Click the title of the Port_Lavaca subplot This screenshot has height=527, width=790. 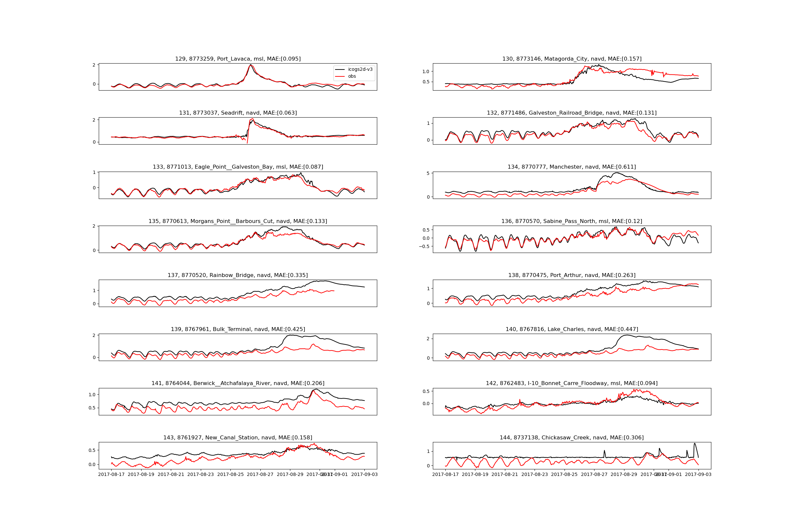point(238,59)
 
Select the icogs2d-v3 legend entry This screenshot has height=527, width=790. point(360,69)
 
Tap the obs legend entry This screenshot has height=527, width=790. point(352,76)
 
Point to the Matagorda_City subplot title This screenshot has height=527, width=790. point(572,59)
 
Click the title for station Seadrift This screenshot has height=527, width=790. point(238,113)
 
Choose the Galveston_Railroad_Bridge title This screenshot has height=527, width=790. point(572,113)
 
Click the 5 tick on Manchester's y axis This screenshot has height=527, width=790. point(428,174)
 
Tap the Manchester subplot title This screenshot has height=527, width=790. point(572,167)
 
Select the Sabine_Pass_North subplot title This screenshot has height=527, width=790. point(572,221)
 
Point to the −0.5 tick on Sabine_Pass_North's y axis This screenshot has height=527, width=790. point(424,246)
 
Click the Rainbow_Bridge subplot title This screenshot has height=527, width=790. point(238,275)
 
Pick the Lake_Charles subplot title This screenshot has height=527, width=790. point(572,329)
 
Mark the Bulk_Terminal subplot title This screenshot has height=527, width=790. point(238,329)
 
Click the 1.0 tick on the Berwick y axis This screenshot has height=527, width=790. point(92,395)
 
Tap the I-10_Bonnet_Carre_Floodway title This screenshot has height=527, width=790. point(572,383)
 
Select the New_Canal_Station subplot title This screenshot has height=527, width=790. point(238,438)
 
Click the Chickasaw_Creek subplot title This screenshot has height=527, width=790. point(572,438)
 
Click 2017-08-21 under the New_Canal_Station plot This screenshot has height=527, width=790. point(171,475)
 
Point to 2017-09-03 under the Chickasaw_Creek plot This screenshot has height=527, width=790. point(698,475)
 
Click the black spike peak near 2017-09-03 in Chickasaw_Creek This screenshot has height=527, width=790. point(695,444)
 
